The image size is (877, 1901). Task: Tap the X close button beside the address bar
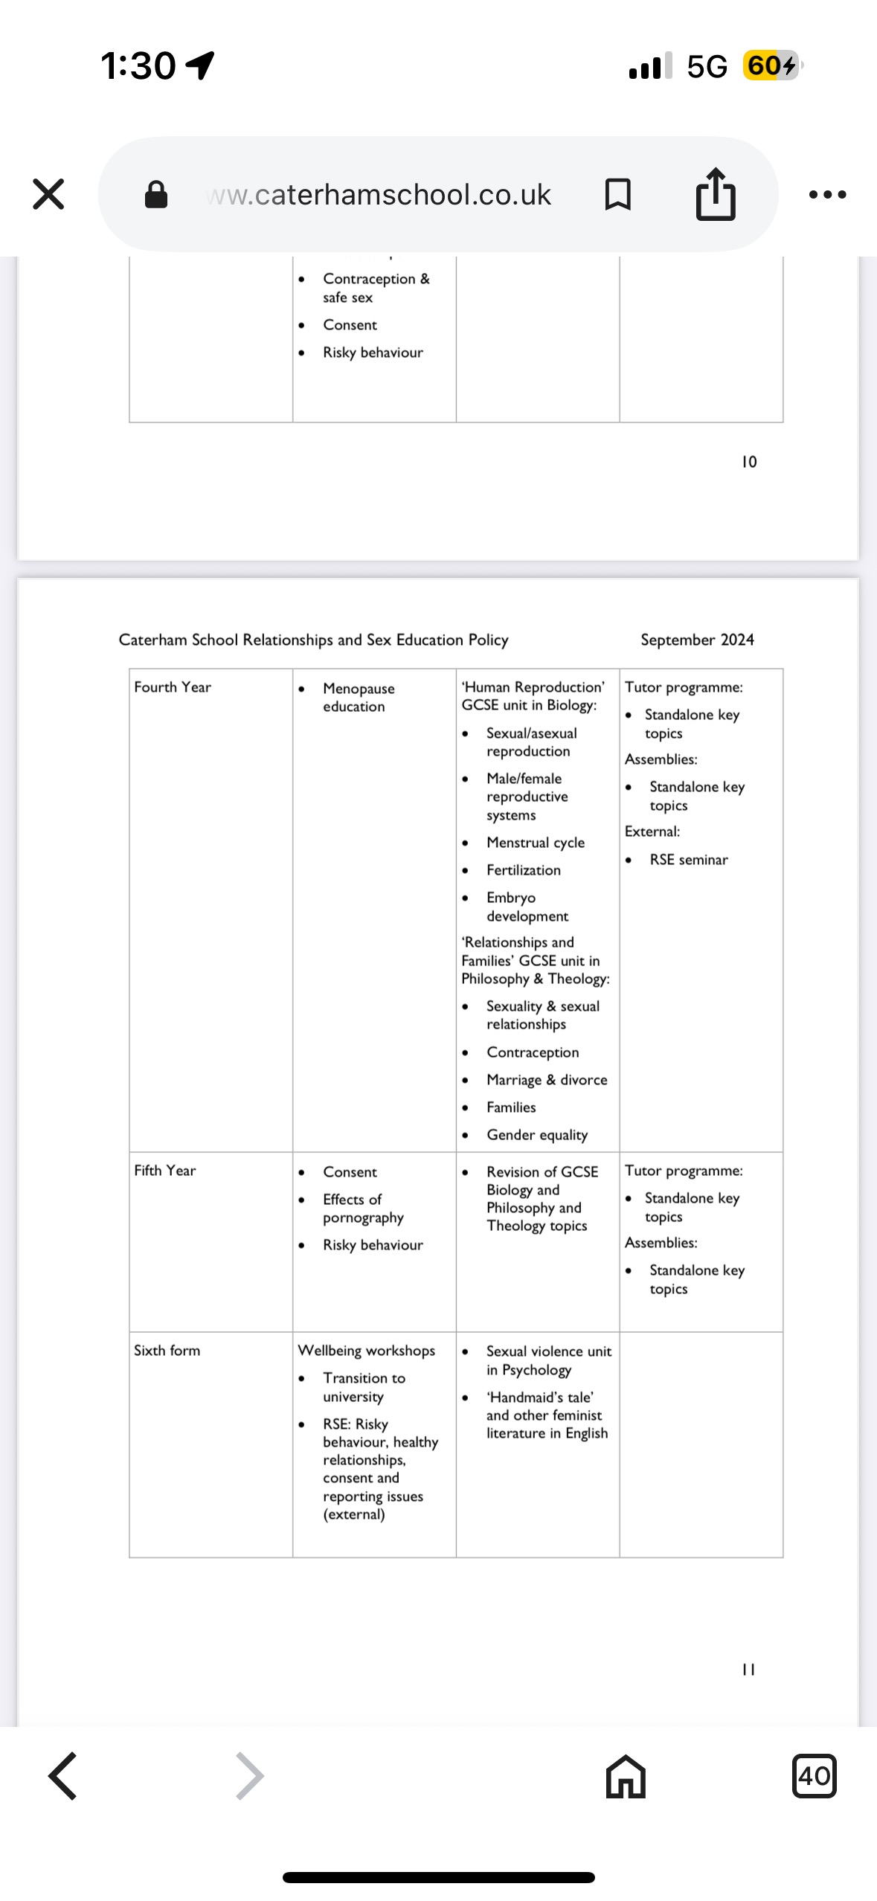[48, 194]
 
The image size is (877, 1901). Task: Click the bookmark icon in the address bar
[618, 194]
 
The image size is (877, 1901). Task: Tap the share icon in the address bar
[716, 194]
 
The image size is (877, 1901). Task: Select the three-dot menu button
[827, 195]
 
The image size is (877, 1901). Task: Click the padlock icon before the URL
[156, 195]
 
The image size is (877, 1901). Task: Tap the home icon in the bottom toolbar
[626, 1776]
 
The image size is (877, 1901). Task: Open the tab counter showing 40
[815, 1776]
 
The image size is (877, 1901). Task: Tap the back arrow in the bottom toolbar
[63, 1776]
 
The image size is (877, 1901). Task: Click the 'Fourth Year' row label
[173, 687]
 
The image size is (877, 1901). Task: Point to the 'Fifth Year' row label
[165, 1171]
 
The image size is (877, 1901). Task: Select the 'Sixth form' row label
[167, 1351]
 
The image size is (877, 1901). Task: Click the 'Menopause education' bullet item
[359, 698]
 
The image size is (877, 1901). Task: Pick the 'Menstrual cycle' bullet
[536, 843]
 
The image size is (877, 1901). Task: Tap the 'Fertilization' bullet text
[524, 870]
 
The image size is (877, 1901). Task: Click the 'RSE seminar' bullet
[689, 860]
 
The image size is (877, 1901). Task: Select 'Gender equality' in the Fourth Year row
[537, 1135]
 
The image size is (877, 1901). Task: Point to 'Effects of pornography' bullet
[363, 1209]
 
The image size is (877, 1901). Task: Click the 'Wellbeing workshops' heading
[367, 1351]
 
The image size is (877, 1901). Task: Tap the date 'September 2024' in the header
[697, 640]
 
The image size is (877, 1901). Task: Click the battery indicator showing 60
[771, 65]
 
